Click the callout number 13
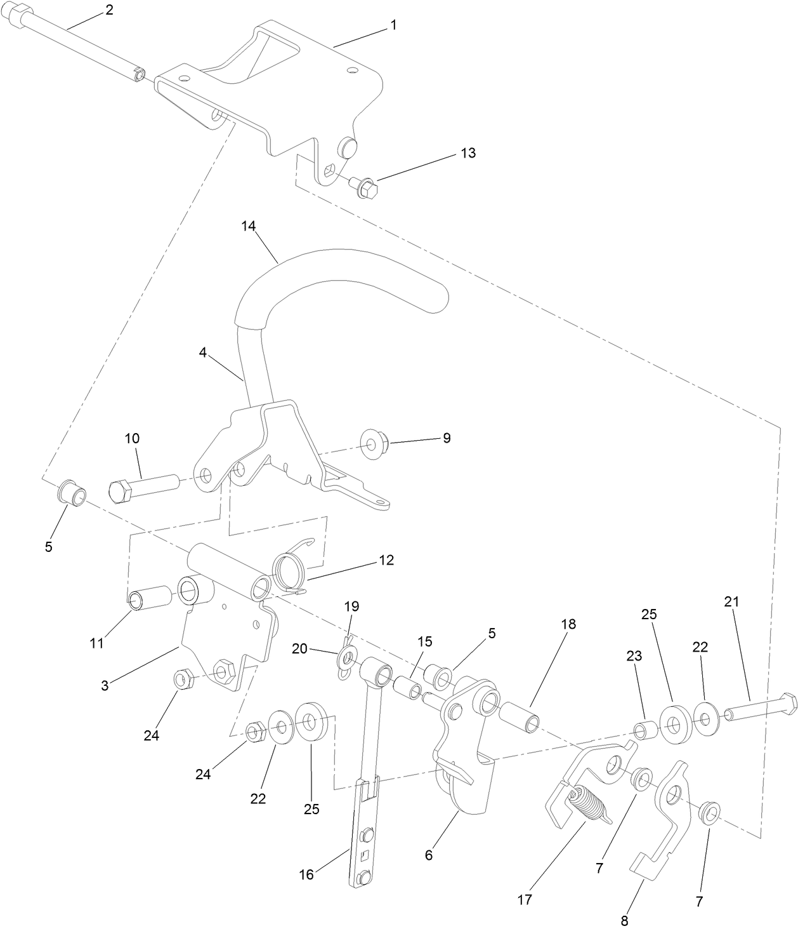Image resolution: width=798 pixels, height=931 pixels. click(468, 153)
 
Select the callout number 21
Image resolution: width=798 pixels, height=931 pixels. click(731, 601)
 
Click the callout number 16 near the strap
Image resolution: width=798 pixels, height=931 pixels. click(306, 874)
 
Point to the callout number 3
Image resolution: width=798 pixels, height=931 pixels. click(105, 685)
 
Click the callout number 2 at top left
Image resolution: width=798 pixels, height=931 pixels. click(109, 10)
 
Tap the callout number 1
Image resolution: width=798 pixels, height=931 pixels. click(393, 25)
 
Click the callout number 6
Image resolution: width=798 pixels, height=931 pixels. click(429, 855)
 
